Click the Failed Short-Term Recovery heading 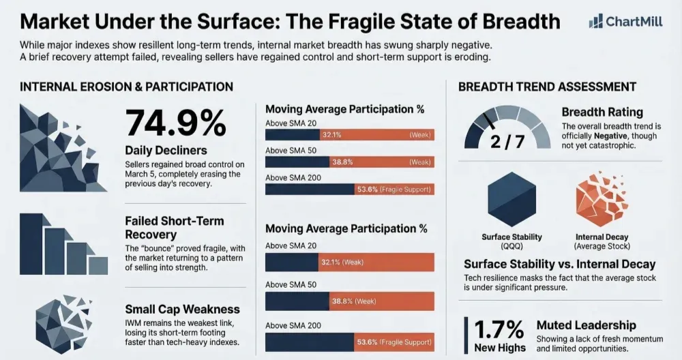pos(174,228)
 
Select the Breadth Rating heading pos(602,112)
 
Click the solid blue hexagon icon pos(512,199)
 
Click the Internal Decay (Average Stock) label pos(600,241)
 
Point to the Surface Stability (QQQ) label pos(512,241)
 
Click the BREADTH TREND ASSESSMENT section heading pos(547,87)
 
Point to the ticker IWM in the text pos(135,322)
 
